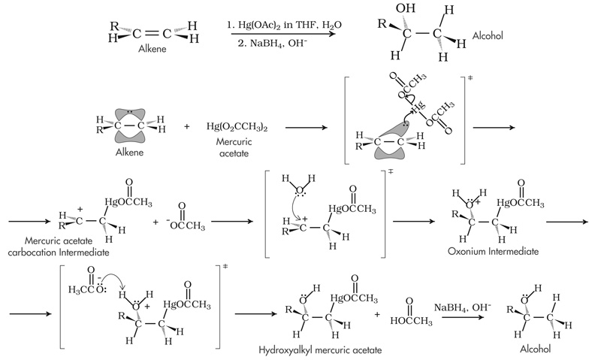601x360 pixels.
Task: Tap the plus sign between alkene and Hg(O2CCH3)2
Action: tap(187, 126)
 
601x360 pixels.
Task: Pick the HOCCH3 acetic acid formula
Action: tap(412, 320)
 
